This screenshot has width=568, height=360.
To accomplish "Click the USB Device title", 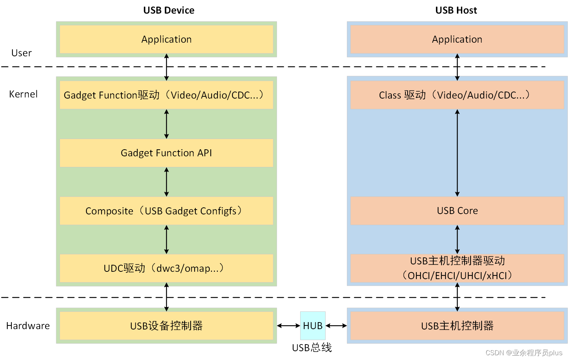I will (x=168, y=10).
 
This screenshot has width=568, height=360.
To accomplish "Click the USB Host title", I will (x=456, y=10).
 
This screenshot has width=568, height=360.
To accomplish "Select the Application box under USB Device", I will (x=166, y=39).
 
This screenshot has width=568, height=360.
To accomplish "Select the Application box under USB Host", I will (x=457, y=39).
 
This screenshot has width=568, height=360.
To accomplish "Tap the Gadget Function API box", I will (x=166, y=153).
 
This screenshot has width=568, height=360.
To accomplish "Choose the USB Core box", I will (x=457, y=211).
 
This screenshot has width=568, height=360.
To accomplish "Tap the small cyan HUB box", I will (x=313, y=326).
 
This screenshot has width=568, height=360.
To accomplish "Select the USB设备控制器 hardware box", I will (x=166, y=326).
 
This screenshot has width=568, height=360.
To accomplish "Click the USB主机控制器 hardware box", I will (x=457, y=326).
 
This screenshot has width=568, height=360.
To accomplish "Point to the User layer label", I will (x=21, y=53).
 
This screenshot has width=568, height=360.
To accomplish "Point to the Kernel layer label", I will (x=23, y=94).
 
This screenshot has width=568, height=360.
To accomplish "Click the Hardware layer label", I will (x=28, y=326).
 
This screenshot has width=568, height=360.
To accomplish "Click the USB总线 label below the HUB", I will (x=312, y=347).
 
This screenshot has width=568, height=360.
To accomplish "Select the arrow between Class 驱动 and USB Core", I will (x=457, y=153).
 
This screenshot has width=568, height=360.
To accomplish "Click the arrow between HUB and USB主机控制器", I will (x=336, y=326).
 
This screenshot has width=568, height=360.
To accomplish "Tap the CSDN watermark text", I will (x=524, y=353).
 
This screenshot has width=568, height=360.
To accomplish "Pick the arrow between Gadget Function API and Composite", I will (x=166, y=182).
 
